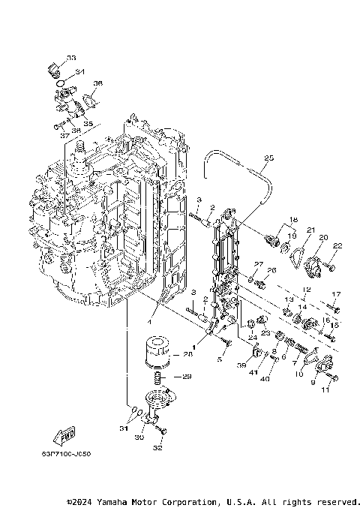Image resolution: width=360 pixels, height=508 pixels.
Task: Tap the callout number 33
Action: [x=70, y=58]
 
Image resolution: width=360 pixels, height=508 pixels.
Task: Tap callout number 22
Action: [x=337, y=246]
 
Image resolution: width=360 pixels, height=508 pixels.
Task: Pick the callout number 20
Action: [x=322, y=238]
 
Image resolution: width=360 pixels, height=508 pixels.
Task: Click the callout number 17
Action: [x=336, y=294]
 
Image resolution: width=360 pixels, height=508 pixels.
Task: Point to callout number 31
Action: [x=123, y=428]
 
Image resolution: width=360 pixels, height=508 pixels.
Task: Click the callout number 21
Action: [x=310, y=230]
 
